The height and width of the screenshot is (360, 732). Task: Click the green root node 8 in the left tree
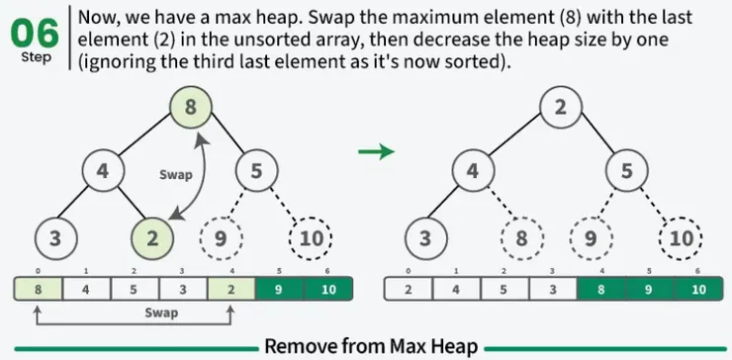coord(191,107)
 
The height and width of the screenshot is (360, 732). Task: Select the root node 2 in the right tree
coord(560,107)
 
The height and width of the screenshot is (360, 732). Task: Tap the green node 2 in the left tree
coord(152,238)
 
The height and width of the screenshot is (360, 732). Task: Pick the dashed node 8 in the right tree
coord(521,238)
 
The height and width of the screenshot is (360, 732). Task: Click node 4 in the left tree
coord(103,171)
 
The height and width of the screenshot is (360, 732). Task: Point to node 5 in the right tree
coord(626,171)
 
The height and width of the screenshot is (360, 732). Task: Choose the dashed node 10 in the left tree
coord(311,238)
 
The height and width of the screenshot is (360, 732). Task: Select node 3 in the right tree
coord(425,238)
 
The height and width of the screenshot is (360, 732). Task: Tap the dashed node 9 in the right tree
coord(591,238)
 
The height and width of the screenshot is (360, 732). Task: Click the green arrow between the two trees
coord(376,151)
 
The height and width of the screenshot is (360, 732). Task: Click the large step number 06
coord(35,34)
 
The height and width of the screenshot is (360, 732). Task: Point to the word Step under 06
coord(36,58)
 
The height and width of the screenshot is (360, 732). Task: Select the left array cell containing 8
coord(39,290)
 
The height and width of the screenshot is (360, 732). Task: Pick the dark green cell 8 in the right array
coord(601,290)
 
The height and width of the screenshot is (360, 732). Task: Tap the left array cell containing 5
coord(135,290)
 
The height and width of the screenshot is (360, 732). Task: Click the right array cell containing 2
coord(409,290)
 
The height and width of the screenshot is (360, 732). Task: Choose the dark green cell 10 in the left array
coord(328,290)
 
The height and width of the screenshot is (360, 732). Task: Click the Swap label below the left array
coord(161,313)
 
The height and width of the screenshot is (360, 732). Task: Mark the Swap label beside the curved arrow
coord(175,175)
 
